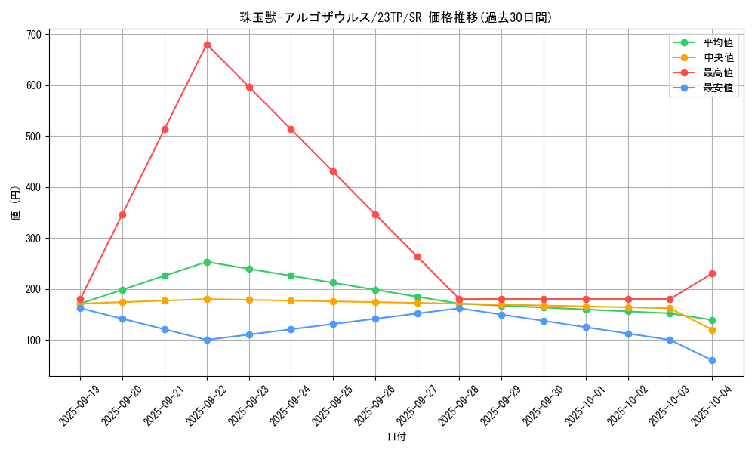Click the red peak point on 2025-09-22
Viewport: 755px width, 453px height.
(207, 45)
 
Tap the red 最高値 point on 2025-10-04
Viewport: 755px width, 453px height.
(712, 273)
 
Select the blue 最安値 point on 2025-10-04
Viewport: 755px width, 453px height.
(712, 360)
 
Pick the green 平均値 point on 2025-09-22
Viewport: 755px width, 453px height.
(207, 262)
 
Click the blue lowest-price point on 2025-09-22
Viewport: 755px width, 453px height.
(207, 340)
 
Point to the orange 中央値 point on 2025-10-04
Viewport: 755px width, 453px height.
(712, 330)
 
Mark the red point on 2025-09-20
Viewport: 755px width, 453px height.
(122, 214)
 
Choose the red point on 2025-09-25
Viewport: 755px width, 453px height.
(333, 171)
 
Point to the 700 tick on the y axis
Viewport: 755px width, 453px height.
(33, 35)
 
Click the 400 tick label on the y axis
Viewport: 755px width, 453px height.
(33, 187)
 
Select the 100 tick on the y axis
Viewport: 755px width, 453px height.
(33, 340)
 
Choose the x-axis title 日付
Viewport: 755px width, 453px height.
(396, 437)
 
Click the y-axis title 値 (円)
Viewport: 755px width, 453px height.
(15, 204)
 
